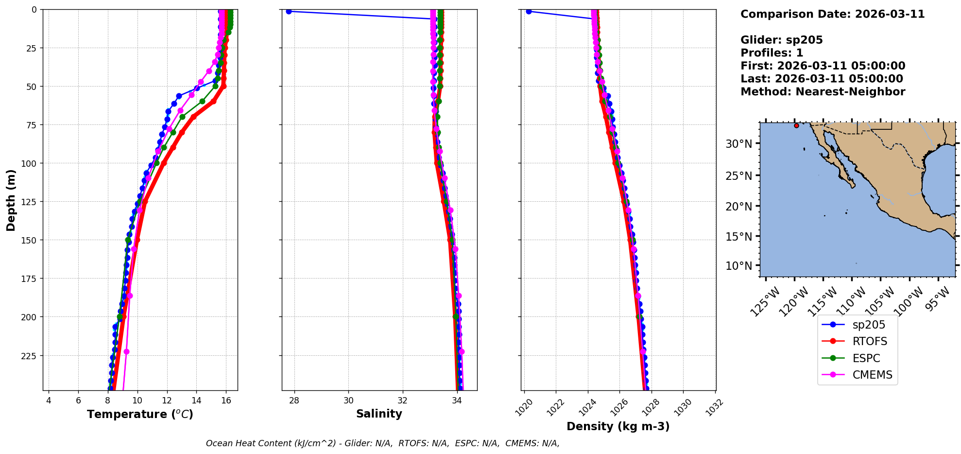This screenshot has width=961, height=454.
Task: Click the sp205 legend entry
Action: coord(868,325)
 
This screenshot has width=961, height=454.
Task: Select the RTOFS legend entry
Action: coord(869,341)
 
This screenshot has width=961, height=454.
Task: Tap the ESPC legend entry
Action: coord(866,358)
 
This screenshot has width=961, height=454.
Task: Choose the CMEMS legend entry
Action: coord(872,375)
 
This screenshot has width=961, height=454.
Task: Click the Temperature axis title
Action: coord(140,414)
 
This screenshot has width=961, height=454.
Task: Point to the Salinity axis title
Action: coord(379,414)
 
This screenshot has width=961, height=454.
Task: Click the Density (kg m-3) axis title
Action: coord(618,426)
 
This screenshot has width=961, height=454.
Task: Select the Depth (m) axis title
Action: coord(11,200)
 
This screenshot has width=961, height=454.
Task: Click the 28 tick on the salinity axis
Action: coord(294,401)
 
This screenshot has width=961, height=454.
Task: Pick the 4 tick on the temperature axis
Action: coord(49,401)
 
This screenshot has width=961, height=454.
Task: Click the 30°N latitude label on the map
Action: coord(738,144)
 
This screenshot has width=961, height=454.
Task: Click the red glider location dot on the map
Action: coord(796,125)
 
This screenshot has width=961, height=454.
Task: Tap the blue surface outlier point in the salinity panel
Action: coord(289,11)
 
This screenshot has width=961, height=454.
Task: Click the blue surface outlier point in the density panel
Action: coord(529,11)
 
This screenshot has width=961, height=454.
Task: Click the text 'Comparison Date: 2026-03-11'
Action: coord(832,14)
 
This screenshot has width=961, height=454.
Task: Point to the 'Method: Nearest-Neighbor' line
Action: coord(823,92)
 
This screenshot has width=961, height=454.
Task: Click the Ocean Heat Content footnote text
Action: coord(382,443)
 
